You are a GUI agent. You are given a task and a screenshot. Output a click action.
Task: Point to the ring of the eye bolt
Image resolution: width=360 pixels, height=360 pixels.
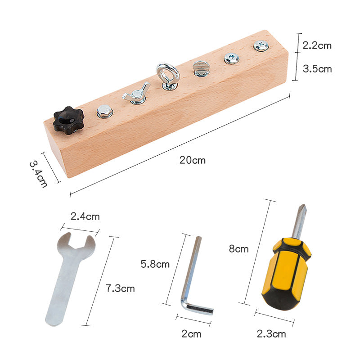[x=167, y=72]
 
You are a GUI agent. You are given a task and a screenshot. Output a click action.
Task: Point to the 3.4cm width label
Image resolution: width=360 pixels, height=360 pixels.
[x=38, y=175]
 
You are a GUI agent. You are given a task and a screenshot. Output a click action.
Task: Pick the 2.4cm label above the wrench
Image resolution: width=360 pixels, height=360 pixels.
[x=85, y=216]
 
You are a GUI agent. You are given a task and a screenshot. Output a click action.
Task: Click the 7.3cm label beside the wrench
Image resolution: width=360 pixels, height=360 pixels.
[x=120, y=288]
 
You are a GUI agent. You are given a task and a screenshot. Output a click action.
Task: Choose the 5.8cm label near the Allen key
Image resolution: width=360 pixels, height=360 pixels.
[x=155, y=264]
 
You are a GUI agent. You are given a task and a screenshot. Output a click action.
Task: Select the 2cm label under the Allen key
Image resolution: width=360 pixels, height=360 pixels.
[x=192, y=334]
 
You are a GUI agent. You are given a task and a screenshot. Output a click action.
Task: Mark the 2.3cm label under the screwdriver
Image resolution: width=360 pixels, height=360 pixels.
[x=271, y=334]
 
